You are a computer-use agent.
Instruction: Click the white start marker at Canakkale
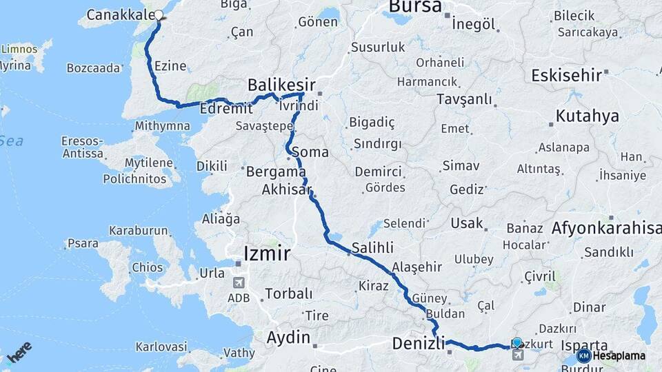[x=159, y=14]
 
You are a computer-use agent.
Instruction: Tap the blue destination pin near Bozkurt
[x=517, y=342]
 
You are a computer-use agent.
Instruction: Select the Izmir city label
[x=266, y=253]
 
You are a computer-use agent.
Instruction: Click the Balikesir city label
[x=281, y=85]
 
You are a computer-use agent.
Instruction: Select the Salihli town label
[x=372, y=247]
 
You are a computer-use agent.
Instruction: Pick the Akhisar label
[x=287, y=189]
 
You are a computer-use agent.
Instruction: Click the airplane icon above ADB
[x=239, y=282]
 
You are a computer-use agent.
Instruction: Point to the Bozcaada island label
[x=94, y=68]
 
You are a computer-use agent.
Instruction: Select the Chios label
[x=149, y=267]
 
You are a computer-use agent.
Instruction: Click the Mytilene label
[x=149, y=163]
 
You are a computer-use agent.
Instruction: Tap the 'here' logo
[x=19, y=352]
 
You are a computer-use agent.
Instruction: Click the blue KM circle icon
[x=583, y=355]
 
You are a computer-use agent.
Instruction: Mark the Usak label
[x=467, y=223]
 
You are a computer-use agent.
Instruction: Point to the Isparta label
[x=585, y=344]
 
